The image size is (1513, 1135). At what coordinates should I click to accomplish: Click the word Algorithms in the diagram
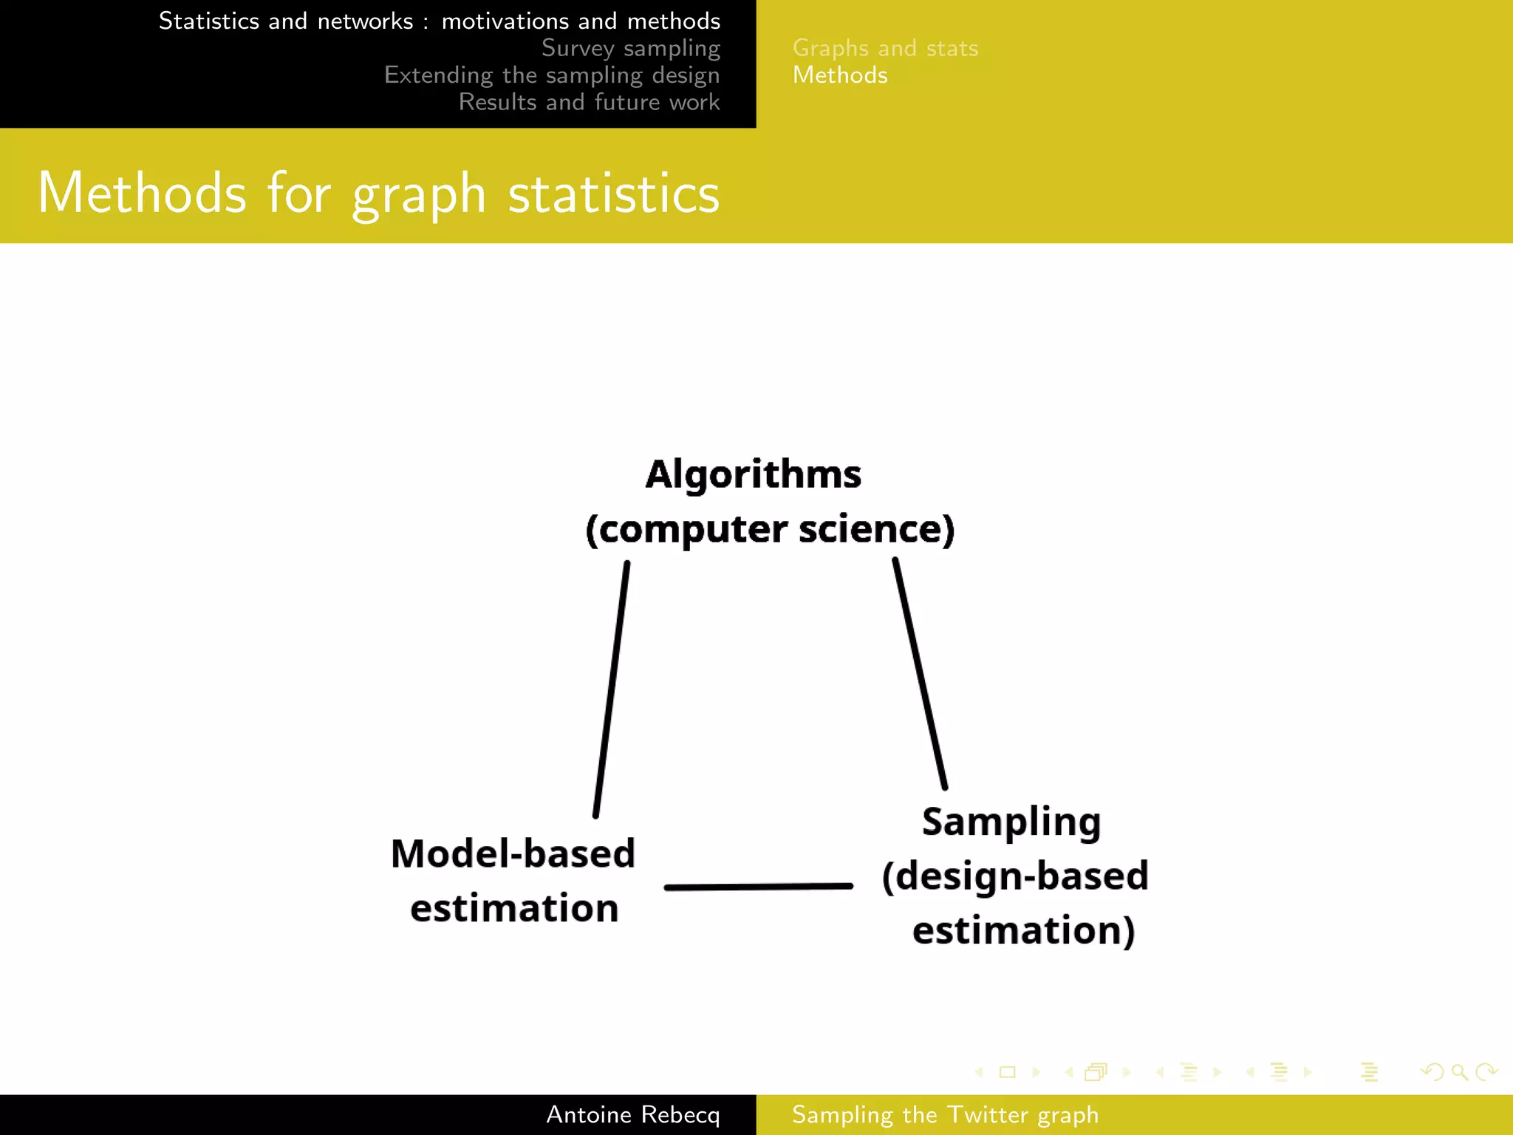pyautogui.click(x=753, y=474)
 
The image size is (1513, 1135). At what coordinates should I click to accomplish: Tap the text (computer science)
pyautogui.click(x=770, y=529)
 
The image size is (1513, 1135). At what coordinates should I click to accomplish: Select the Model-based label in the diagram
pyautogui.click(x=513, y=853)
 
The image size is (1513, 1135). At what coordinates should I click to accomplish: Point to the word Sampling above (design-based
pyautogui.click(x=1011, y=822)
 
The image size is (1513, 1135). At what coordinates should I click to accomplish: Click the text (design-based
pyautogui.click(x=1015, y=876)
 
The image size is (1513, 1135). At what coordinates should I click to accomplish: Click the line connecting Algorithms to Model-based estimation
pyautogui.click(x=611, y=689)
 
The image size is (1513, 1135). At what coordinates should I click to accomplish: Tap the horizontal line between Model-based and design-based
pyautogui.click(x=759, y=886)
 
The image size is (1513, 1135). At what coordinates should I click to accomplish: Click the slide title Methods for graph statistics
pyautogui.click(x=378, y=193)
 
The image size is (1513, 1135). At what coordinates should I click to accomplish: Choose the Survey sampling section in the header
pyautogui.click(x=630, y=48)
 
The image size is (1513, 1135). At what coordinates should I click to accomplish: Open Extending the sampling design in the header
pyautogui.click(x=552, y=75)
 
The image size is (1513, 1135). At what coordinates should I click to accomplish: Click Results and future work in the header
pyautogui.click(x=589, y=102)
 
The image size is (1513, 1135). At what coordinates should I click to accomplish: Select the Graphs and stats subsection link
pyautogui.click(x=885, y=48)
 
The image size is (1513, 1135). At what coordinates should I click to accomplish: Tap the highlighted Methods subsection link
pyautogui.click(x=840, y=75)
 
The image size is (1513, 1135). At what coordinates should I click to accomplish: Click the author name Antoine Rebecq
pyautogui.click(x=632, y=1114)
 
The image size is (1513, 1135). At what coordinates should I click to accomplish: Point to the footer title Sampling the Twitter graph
pyautogui.click(x=945, y=1114)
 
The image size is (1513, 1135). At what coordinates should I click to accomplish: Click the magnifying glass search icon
pyautogui.click(x=1459, y=1071)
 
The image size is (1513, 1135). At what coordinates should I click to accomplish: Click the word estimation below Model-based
pyautogui.click(x=514, y=908)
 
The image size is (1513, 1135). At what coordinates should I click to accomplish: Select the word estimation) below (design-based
pyautogui.click(x=1023, y=930)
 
